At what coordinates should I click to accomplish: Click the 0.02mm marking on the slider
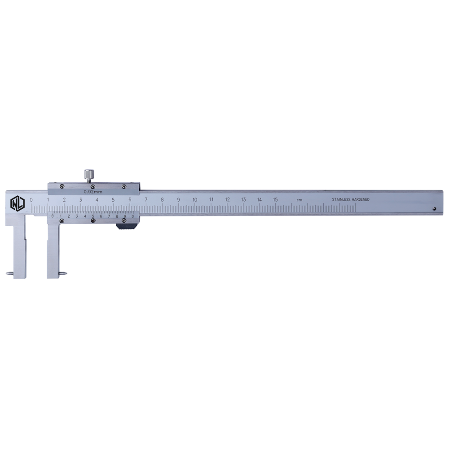pyautogui.click(x=93, y=192)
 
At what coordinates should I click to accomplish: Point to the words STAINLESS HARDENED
pyautogui.click(x=351, y=199)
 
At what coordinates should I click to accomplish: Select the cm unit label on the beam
pyautogui.click(x=299, y=200)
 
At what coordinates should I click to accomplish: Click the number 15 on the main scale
pyautogui.click(x=275, y=200)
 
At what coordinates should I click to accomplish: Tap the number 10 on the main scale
pyautogui.click(x=195, y=200)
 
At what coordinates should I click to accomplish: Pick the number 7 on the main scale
pyautogui.click(x=146, y=200)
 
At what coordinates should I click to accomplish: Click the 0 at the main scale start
pyautogui.click(x=31, y=200)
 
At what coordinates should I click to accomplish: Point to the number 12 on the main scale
pyautogui.click(x=227, y=200)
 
